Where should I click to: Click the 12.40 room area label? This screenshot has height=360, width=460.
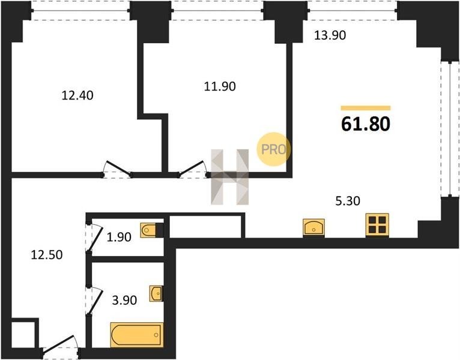click(x=77, y=95)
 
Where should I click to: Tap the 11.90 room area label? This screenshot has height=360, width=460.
click(x=220, y=86)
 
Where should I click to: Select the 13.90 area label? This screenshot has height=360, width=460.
click(x=330, y=35)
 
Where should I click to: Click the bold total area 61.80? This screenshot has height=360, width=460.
click(x=366, y=124)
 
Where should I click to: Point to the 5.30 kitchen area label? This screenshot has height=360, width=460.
click(x=348, y=201)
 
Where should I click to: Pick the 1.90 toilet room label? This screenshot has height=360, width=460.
click(x=119, y=237)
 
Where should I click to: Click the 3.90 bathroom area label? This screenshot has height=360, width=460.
click(x=125, y=300)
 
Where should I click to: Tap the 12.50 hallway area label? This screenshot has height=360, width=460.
click(x=47, y=255)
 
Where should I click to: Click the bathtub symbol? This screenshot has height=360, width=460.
click(x=137, y=335)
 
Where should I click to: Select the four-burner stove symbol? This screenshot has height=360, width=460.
click(x=377, y=225)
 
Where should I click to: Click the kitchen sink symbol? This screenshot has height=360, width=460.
click(x=313, y=227)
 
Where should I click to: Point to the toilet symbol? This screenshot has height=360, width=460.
click(x=152, y=230)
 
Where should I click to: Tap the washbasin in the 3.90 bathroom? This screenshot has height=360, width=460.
click(x=156, y=293)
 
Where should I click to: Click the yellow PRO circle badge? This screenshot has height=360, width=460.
click(x=273, y=149)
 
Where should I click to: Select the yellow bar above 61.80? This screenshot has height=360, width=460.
click(x=366, y=108)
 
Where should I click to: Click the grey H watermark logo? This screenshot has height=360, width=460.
click(x=230, y=177)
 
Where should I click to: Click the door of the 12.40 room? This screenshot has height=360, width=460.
click(x=117, y=169)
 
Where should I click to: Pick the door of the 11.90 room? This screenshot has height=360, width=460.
click(x=192, y=169)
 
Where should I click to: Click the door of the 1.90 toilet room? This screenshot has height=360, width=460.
click(x=94, y=238)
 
